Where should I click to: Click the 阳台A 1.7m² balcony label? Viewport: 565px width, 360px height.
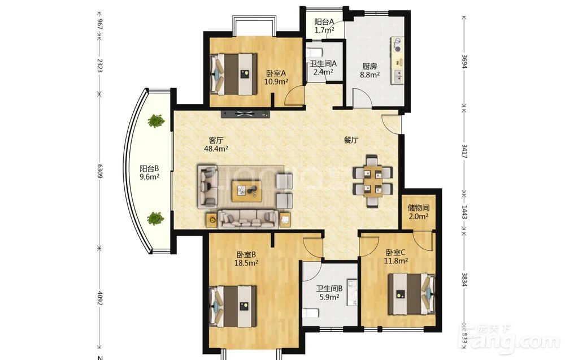(x=324, y=26)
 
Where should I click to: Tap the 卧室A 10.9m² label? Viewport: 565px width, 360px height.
(x=276, y=77)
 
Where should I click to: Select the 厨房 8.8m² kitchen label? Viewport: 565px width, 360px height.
(x=370, y=71)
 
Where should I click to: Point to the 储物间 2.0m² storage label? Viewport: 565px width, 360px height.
(x=418, y=212)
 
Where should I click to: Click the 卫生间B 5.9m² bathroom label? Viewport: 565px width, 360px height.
(x=329, y=293)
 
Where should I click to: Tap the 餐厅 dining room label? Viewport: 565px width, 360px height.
(x=351, y=140)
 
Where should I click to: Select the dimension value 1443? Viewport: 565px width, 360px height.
(x=465, y=212)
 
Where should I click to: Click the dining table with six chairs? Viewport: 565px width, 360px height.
(x=372, y=180)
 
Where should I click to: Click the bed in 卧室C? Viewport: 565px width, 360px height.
(x=411, y=294)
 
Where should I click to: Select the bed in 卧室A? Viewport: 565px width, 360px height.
(x=233, y=74)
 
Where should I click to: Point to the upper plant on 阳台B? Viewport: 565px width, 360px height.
(x=156, y=121)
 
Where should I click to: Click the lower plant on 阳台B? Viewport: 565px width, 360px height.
(x=155, y=218)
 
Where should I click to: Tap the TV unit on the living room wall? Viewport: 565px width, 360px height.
(x=246, y=114)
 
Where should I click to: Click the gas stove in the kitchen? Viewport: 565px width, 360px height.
(x=398, y=45)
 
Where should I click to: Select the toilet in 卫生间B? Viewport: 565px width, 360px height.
(x=311, y=313)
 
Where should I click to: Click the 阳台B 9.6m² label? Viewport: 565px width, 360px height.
(x=150, y=172)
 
